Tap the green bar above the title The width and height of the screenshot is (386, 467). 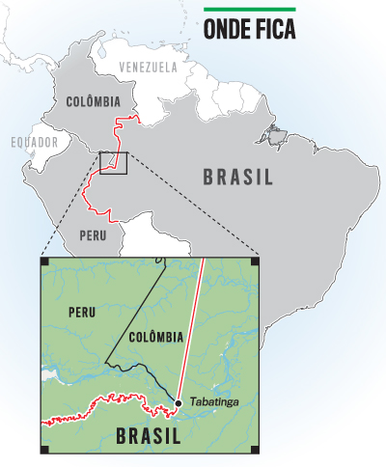click(x=249, y=10)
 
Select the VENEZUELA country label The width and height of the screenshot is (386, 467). click(x=148, y=68)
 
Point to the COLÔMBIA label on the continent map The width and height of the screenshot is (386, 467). click(x=93, y=101)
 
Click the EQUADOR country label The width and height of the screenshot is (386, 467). click(x=34, y=142)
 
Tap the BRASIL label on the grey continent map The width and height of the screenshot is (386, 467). click(x=237, y=177)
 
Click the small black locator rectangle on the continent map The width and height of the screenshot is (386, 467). click(x=114, y=163)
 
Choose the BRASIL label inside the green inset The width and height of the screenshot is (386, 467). click(x=147, y=436)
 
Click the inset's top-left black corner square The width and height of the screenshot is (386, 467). click(x=44, y=260)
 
